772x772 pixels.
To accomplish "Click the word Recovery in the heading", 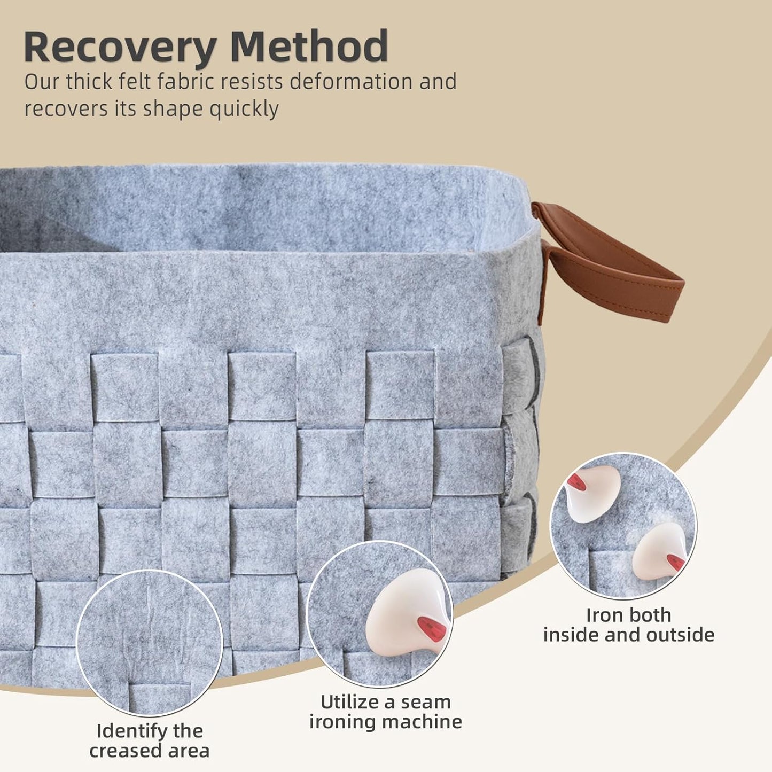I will tap(119, 47).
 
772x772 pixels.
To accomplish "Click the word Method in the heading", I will tap(309, 47).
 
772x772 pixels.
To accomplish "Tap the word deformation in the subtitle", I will tap(351, 82).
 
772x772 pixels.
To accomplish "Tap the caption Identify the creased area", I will tap(149, 740).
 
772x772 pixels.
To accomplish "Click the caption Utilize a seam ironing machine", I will tap(385, 712).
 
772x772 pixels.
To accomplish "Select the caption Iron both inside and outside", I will tap(628, 625).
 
